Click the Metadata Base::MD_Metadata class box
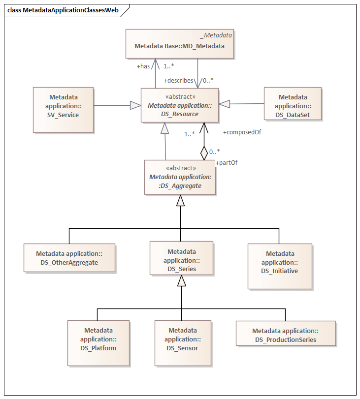pos(180,44)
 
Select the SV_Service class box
pos(63,110)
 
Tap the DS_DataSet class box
pos(293,104)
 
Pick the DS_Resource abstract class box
pos(180,105)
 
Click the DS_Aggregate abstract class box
pos(180,178)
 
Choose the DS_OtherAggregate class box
pos(69,258)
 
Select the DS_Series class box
pos(181,258)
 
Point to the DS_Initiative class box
pos(280,267)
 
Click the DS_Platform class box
pos(98,343)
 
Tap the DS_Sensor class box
pos(183,343)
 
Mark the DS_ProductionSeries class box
pos(286,334)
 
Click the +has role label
pos(143,66)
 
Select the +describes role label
pos(178,81)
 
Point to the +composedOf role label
pos(242,132)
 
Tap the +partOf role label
pos(227,163)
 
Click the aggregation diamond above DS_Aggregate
pos(204,153)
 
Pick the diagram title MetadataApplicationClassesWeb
pos(70,10)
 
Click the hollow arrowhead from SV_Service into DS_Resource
pos(135,105)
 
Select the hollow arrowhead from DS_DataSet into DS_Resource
pos(224,104)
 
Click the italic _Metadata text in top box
pos(216,35)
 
